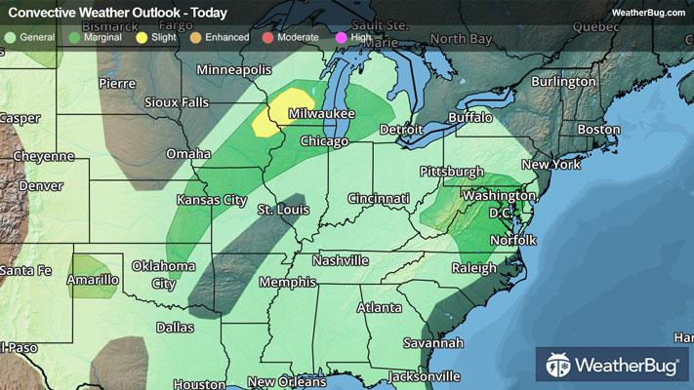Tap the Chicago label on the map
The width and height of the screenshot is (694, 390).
pos(326,142)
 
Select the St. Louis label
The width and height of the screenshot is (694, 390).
pos(283,210)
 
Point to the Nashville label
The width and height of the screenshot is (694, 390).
pos(340,261)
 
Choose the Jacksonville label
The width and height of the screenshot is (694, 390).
pos(424,376)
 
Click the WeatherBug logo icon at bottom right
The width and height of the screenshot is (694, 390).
pos(559,369)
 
